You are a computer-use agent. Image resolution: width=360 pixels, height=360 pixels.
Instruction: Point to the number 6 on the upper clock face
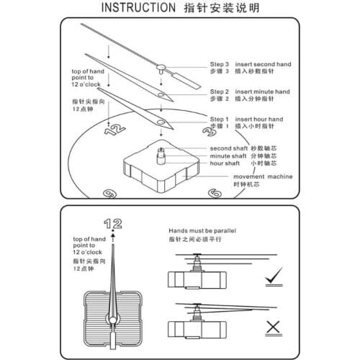coord(214,193)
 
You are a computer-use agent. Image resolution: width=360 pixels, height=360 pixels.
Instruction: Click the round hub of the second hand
coord(161,68)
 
